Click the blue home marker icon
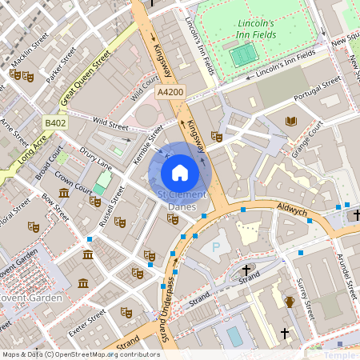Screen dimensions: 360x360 [x=180, y=172]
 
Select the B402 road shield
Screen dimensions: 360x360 [x=54, y=122]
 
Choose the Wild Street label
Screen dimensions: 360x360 [x=110, y=124]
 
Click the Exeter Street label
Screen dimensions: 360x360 [x=87, y=324]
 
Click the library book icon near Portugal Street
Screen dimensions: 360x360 [x=291, y=121]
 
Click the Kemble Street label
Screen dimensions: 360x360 [x=149, y=144]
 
